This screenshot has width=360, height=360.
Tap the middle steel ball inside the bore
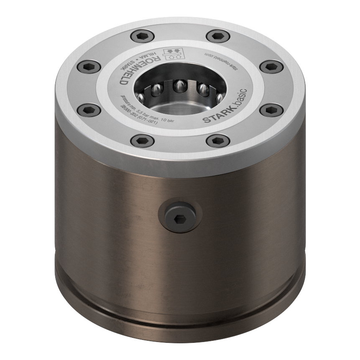[181, 86]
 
